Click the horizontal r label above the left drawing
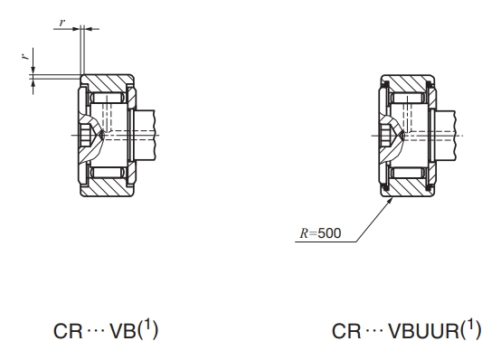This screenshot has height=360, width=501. pos(62,23)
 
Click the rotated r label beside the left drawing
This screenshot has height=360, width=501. pos(25,57)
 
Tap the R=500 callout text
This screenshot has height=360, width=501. pos(320,233)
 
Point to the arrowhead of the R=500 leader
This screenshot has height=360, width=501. pos(390,201)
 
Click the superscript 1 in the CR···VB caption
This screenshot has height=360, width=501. pos(147,326)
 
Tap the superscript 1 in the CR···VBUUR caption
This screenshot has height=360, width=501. pos(470,326)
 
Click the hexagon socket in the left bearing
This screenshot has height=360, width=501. pos(86,136)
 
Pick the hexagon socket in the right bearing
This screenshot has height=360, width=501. pos(386,136)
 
